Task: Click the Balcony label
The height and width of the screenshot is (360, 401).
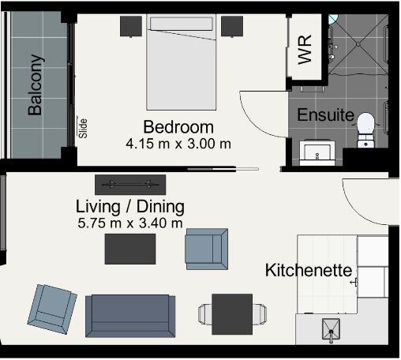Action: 35,84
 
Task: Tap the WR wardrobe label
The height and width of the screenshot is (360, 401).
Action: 305,49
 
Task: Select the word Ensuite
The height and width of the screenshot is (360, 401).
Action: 325,114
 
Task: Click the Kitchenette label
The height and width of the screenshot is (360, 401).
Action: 309,270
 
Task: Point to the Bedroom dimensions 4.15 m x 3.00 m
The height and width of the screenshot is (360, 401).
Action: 178,144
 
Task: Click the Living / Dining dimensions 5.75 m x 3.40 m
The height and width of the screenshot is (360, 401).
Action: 130,223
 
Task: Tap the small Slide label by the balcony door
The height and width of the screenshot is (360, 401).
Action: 83,128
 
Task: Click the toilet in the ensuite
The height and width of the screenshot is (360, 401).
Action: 365,129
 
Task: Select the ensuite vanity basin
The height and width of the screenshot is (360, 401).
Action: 317,152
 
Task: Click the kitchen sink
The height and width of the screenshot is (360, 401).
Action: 331,329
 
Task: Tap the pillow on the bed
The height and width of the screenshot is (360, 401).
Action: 182,24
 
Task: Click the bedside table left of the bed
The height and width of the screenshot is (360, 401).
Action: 131,26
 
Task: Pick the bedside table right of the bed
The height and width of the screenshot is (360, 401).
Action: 232,26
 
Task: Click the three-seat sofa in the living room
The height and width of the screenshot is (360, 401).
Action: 130,316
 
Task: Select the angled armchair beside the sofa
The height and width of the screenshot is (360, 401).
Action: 52,309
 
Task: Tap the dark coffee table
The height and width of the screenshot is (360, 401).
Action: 130,249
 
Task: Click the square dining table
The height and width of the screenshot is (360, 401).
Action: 232,314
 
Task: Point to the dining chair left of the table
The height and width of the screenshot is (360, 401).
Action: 205,314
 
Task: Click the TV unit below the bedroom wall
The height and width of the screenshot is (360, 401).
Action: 130,185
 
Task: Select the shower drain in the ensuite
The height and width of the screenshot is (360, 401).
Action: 358,44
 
